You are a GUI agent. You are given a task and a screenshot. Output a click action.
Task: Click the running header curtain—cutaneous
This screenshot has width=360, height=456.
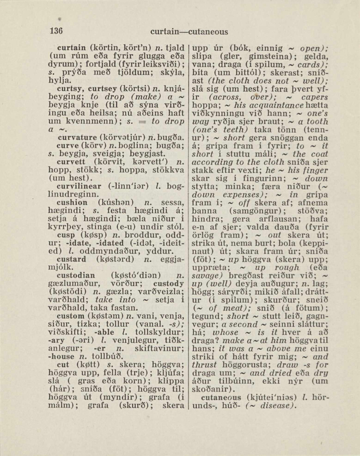click(189, 32)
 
